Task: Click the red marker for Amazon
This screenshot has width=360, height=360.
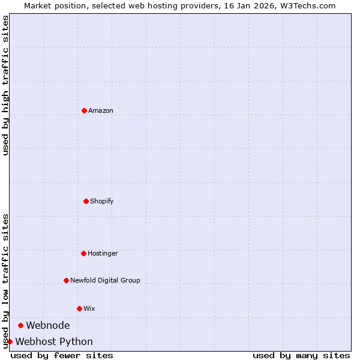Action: click(84, 110)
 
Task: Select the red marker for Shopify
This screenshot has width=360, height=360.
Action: click(86, 201)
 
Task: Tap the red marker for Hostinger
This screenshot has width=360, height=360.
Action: click(83, 253)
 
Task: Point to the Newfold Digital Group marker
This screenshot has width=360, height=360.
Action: click(66, 280)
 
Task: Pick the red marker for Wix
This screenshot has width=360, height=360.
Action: click(79, 308)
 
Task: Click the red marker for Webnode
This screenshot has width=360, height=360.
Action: click(20, 325)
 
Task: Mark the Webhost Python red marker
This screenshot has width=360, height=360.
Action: click(10, 341)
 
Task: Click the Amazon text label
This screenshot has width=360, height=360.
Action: click(101, 110)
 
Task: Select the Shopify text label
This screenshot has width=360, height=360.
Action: click(102, 201)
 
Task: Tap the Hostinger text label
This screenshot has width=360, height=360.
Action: click(103, 253)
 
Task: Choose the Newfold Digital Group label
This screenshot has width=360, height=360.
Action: click(105, 280)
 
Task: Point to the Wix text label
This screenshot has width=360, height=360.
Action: click(89, 308)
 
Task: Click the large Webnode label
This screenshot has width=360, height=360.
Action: click(48, 325)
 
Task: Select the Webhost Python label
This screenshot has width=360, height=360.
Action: click(54, 341)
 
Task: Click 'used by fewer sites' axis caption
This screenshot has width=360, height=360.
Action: click(62, 355)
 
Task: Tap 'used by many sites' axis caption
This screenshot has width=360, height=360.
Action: click(301, 355)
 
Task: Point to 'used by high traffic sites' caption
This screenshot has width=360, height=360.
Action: click(5, 85)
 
